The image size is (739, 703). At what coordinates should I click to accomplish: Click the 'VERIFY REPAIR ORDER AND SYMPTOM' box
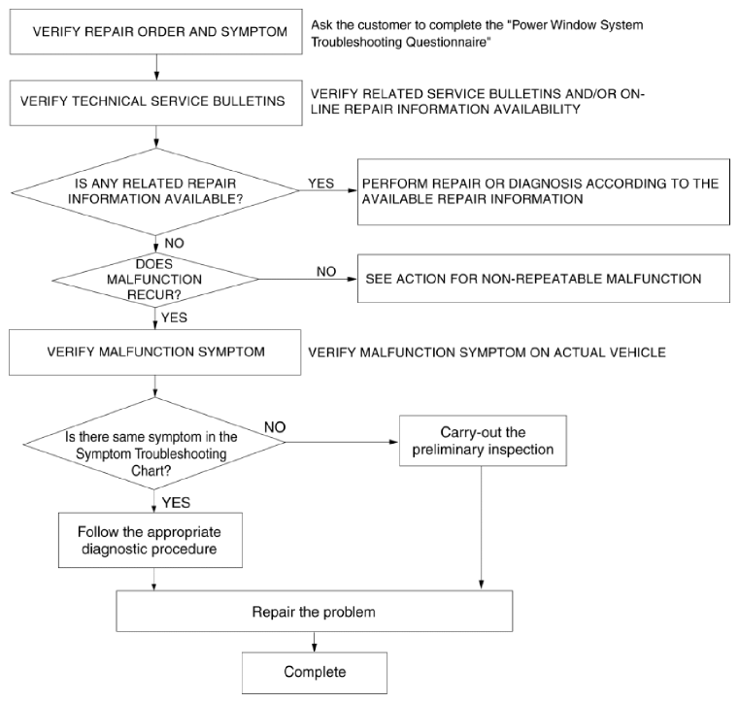point(156,32)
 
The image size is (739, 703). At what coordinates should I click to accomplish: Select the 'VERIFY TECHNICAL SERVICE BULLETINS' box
point(156,103)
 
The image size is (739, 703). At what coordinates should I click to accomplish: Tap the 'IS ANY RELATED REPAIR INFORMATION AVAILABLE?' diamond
point(155,191)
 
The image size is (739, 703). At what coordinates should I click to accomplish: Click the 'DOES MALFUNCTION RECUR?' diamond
point(155,280)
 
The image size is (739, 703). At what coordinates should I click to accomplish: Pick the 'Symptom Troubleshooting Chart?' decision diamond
point(154,443)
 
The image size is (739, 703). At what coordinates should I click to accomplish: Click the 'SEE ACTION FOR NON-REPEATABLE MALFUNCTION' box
point(544,279)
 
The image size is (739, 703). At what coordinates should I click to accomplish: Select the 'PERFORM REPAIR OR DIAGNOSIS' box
point(544,191)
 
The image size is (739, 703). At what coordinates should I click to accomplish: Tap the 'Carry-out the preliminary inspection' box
point(483,441)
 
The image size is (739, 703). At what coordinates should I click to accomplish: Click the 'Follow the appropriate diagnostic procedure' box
point(151,540)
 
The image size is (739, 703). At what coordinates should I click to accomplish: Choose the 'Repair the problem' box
point(315,611)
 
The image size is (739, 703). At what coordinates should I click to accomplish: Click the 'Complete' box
point(315,673)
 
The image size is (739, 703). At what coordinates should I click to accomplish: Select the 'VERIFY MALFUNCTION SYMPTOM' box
point(155,352)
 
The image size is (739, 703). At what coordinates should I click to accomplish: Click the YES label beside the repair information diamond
point(321,184)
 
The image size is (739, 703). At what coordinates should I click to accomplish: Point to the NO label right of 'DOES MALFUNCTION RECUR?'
point(326,272)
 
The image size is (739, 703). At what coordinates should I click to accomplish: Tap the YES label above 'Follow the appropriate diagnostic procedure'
point(176,503)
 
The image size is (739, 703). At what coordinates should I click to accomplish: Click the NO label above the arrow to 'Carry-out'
point(275,427)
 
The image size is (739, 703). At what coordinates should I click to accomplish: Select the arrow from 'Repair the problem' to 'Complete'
point(315,642)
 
